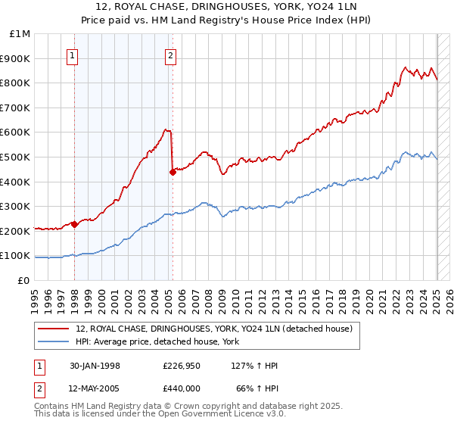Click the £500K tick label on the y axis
point(16,157)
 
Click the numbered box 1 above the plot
point(73,55)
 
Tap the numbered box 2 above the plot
point(171,55)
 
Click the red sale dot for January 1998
point(74,224)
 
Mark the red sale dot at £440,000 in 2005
point(173,172)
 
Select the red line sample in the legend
point(54,329)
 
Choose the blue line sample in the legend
point(54,342)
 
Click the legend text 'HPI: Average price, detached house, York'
point(157,342)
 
